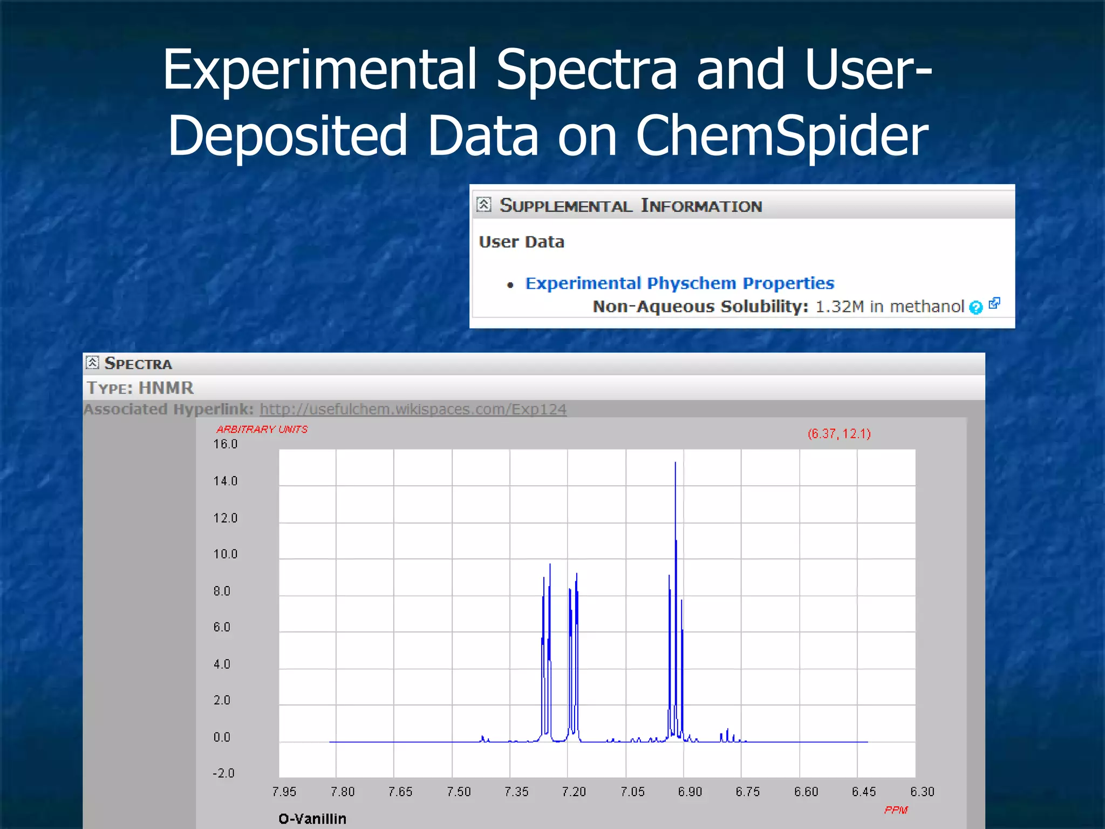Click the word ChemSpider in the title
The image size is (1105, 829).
click(782, 136)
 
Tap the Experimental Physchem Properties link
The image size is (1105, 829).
click(679, 283)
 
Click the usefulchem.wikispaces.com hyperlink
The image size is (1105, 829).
click(413, 409)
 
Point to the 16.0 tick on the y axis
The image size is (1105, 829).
click(225, 444)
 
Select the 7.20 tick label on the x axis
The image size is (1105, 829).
click(574, 792)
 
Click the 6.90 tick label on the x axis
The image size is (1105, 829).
click(690, 792)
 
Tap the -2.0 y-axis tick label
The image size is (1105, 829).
click(223, 773)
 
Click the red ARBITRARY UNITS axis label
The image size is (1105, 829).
click(262, 430)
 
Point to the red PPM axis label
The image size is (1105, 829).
click(896, 810)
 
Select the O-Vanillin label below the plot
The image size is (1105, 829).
click(312, 819)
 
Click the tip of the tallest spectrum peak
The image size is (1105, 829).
click(675, 463)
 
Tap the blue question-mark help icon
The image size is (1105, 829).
click(976, 308)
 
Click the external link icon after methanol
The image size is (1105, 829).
click(994, 304)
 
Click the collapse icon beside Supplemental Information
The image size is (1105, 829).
click(484, 205)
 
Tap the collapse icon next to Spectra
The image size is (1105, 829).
click(92, 363)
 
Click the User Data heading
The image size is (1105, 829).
click(521, 242)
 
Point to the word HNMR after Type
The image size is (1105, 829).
click(166, 388)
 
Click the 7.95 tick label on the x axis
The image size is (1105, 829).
click(284, 792)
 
